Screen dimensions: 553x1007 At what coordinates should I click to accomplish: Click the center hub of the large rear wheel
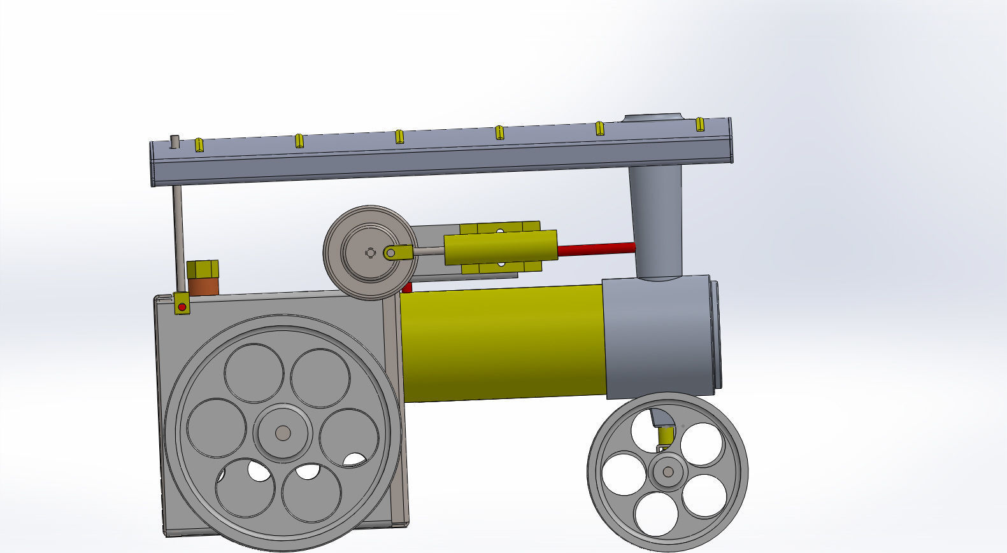coord(283,433)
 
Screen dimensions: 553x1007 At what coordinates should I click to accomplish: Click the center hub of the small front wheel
coord(668,472)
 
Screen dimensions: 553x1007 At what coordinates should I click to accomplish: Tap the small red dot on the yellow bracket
coord(182,307)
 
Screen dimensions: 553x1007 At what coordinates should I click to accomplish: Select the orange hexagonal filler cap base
coord(203,286)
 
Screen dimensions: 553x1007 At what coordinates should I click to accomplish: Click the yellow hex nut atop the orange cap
coord(203,269)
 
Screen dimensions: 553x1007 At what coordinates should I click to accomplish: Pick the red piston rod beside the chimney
coord(596,249)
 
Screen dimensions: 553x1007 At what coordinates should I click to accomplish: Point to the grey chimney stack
coord(655,216)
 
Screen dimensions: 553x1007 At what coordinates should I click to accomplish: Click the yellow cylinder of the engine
coord(500,249)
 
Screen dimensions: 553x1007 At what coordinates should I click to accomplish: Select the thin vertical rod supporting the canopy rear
coord(178,239)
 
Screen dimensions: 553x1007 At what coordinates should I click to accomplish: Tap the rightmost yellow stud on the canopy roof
coord(699,124)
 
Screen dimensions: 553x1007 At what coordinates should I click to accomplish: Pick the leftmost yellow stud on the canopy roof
coord(199,144)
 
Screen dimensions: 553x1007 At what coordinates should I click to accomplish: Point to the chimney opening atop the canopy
coord(652,118)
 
